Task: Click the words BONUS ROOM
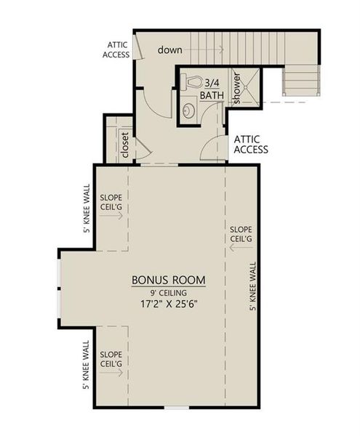coord(168,280)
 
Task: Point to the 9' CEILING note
coord(168,292)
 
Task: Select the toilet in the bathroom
coord(191,83)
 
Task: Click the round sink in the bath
coord(189,110)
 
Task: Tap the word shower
coord(236,88)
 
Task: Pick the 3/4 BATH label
coord(212,88)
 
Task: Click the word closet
coord(124,144)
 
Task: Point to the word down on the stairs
coord(171,49)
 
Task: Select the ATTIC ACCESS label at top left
coord(117,49)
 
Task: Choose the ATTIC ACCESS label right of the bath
coord(250,145)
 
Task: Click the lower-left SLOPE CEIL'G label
coord(111,358)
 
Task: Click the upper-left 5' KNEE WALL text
coord(87,209)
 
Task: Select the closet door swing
coord(143,150)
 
